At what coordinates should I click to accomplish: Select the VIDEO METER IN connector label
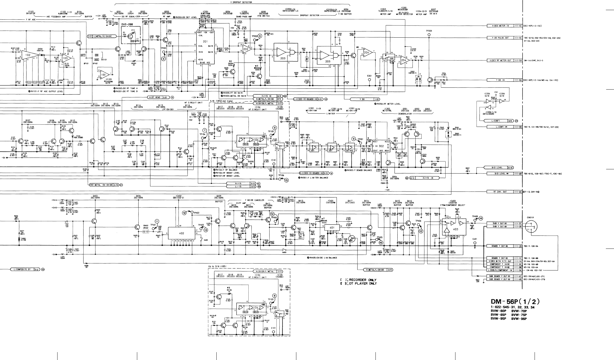[x=500, y=26]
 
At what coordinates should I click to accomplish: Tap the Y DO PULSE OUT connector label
[x=500, y=38]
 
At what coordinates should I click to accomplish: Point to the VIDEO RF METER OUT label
[x=500, y=60]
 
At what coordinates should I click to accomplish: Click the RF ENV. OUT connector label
[x=500, y=192]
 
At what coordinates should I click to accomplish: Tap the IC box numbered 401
[x=331, y=228]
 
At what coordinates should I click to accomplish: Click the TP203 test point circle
[x=429, y=35]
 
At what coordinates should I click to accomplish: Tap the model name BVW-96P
[x=519, y=319]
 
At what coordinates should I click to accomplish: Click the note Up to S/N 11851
[x=219, y=266]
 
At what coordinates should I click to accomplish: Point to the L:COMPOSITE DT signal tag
[x=21, y=269]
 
